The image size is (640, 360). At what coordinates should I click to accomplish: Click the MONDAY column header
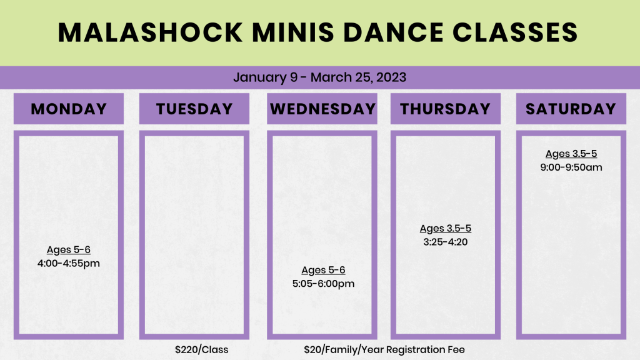click(69, 109)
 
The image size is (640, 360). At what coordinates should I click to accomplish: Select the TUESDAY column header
click(194, 109)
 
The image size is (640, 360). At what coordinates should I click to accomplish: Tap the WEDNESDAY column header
click(322, 109)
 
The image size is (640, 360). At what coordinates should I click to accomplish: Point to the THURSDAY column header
click(445, 109)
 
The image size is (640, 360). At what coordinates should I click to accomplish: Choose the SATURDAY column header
click(571, 109)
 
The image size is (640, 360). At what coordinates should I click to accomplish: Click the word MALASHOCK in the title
click(151, 32)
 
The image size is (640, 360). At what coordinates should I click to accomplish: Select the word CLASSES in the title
click(515, 32)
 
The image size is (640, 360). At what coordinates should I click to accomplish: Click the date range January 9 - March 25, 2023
click(319, 77)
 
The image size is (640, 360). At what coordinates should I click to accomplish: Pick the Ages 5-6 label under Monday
click(69, 250)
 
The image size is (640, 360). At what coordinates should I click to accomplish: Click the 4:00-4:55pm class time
click(69, 263)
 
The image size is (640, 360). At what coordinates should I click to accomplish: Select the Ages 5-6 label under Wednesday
click(323, 270)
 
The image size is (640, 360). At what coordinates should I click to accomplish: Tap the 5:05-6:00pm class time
click(323, 284)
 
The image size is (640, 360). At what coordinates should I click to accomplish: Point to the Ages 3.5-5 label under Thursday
click(445, 229)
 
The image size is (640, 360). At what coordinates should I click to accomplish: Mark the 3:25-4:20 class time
click(445, 242)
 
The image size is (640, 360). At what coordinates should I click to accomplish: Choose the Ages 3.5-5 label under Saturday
click(571, 154)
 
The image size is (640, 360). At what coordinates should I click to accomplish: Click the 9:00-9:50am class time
click(571, 167)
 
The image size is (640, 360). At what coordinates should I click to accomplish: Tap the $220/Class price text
click(202, 350)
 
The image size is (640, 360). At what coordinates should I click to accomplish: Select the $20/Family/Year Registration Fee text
click(384, 350)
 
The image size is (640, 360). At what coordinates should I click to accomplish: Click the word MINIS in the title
click(293, 32)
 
